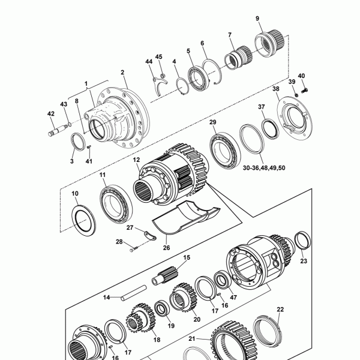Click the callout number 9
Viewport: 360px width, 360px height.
pyautogui.click(x=257, y=19)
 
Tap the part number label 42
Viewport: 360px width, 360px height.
pyautogui.click(x=51, y=113)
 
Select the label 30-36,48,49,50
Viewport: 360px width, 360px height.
pyautogui.click(x=264, y=168)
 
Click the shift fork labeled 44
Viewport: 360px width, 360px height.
pyautogui.click(x=160, y=86)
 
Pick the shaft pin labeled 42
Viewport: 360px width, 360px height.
pyautogui.click(x=58, y=130)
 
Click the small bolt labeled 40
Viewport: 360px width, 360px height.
pyautogui.click(x=304, y=91)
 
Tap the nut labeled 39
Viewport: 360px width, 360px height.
pyautogui.click(x=296, y=94)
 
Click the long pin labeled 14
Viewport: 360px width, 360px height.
pyautogui.click(x=134, y=293)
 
